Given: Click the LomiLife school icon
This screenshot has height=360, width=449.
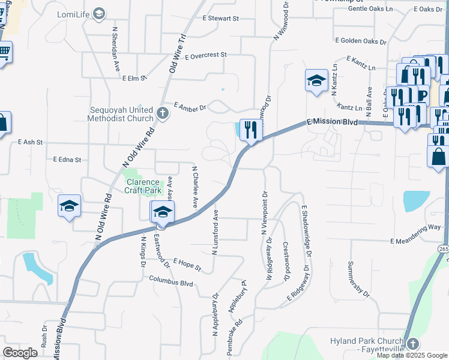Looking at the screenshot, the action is [x=99, y=14].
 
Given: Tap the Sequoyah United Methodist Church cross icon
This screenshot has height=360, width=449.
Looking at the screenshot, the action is [x=161, y=113].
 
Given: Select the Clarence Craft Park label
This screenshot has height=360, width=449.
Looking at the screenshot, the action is [x=142, y=186].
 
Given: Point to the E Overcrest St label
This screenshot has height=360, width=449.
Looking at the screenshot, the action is [x=206, y=55].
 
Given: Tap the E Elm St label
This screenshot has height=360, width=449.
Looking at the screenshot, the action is [x=134, y=78].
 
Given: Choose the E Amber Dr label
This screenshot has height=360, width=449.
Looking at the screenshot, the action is [x=190, y=107].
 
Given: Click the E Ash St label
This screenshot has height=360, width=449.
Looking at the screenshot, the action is [x=31, y=143].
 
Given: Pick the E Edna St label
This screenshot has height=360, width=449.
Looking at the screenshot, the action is [x=66, y=160].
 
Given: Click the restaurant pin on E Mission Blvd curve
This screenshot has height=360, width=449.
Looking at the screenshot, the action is [x=251, y=130].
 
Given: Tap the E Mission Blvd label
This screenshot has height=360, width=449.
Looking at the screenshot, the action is [x=331, y=121].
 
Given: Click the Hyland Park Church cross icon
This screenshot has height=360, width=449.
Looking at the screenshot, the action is [x=412, y=344].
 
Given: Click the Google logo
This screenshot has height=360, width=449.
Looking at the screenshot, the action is [x=20, y=352].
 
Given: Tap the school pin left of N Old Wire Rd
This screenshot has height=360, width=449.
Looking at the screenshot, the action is [x=69, y=206].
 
